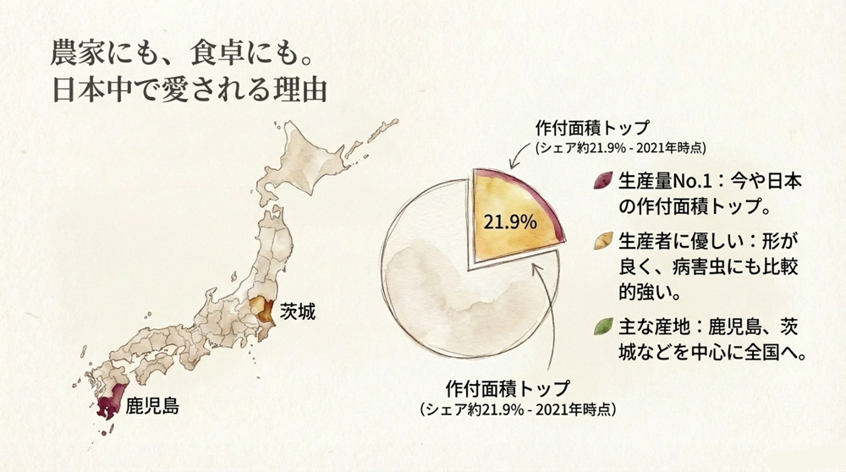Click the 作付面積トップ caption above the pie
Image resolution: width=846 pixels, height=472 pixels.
pos(591,129)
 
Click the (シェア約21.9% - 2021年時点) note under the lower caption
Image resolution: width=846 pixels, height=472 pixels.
pos(518,409)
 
